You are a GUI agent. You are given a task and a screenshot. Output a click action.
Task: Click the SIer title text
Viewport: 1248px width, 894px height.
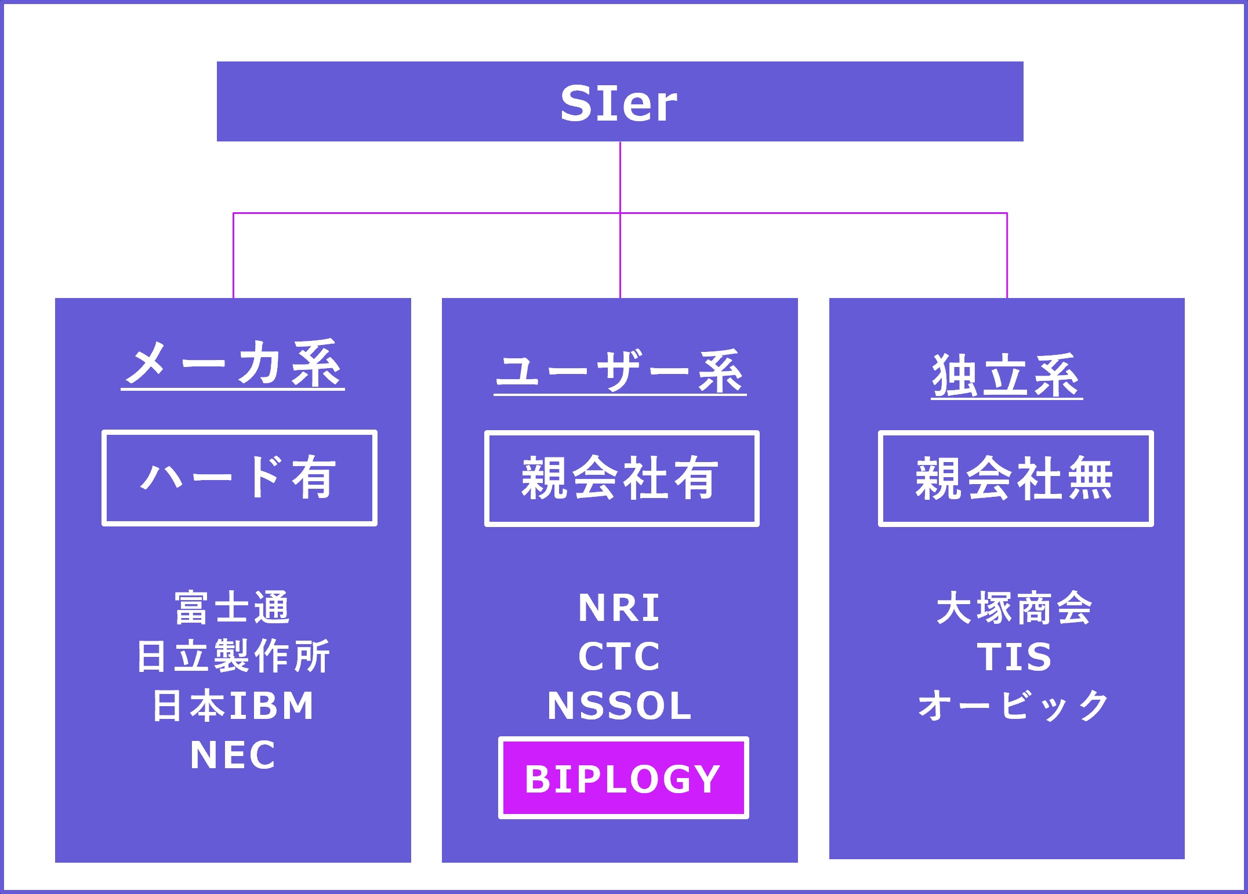(x=619, y=103)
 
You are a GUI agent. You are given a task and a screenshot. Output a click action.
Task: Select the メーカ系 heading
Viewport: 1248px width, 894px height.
(x=233, y=364)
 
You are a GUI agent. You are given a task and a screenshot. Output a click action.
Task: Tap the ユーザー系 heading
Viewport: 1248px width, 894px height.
(x=620, y=371)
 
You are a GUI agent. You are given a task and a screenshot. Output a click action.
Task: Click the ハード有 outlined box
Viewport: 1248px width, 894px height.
(x=239, y=478)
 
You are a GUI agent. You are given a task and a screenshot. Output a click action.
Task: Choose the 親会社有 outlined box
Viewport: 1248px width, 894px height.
(x=622, y=478)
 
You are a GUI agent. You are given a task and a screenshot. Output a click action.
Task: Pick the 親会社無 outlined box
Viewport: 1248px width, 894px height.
(x=1015, y=478)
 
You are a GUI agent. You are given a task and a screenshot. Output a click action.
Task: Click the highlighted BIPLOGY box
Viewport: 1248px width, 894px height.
(x=623, y=778)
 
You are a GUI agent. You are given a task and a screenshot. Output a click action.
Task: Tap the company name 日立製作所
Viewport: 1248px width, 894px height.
(x=233, y=657)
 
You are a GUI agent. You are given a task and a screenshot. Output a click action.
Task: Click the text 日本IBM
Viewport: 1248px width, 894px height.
(x=233, y=706)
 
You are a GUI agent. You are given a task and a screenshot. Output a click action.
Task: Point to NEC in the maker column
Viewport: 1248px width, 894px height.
(x=233, y=755)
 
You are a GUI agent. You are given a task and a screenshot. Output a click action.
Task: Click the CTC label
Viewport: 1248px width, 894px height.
(x=619, y=657)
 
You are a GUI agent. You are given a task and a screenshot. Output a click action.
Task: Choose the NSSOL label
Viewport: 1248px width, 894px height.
(x=619, y=706)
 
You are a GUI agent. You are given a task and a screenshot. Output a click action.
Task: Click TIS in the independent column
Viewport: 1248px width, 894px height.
(x=1014, y=657)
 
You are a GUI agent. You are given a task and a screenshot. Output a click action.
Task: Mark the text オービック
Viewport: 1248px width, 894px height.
(x=1014, y=706)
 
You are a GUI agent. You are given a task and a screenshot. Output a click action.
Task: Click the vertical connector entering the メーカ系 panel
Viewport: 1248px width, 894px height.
(x=233, y=255)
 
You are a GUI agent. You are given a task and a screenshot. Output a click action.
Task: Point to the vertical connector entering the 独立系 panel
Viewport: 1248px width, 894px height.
(x=1007, y=255)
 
